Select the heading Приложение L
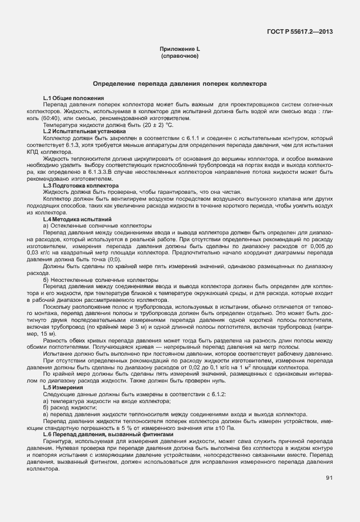click(x=179, y=50)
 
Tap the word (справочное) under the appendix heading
click(x=179, y=57)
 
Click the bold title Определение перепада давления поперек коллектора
click(x=180, y=83)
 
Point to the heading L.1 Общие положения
click(x=73, y=99)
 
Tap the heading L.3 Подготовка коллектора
click(x=81, y=185)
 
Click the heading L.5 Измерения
click(x=63, y=387)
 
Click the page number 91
click(x=329, y=478)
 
